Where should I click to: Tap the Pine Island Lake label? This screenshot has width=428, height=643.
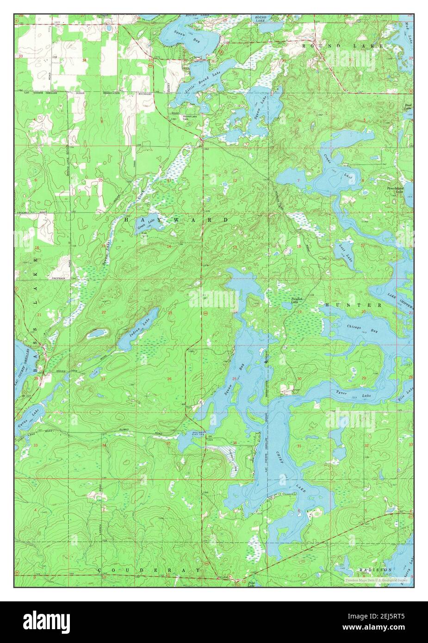coord(397,190)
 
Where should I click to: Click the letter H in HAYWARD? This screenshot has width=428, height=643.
coord(126,220)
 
